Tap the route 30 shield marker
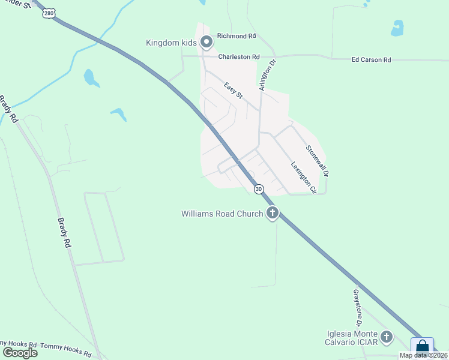pos(258,189)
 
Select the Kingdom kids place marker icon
pos(206,42)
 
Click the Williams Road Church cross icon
pos(273,212)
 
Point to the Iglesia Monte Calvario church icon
pos(387,337)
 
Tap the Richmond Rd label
pos(236,36)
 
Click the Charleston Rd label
pos(238,57)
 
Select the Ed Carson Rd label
pos(371,60)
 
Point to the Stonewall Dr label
pos(318,161)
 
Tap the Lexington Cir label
pos(303,178)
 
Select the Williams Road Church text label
pos(222,214)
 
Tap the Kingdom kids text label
pos(171,43)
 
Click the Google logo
pos(19,352)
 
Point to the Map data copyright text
pos(423,355)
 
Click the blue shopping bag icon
pos(422,347)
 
